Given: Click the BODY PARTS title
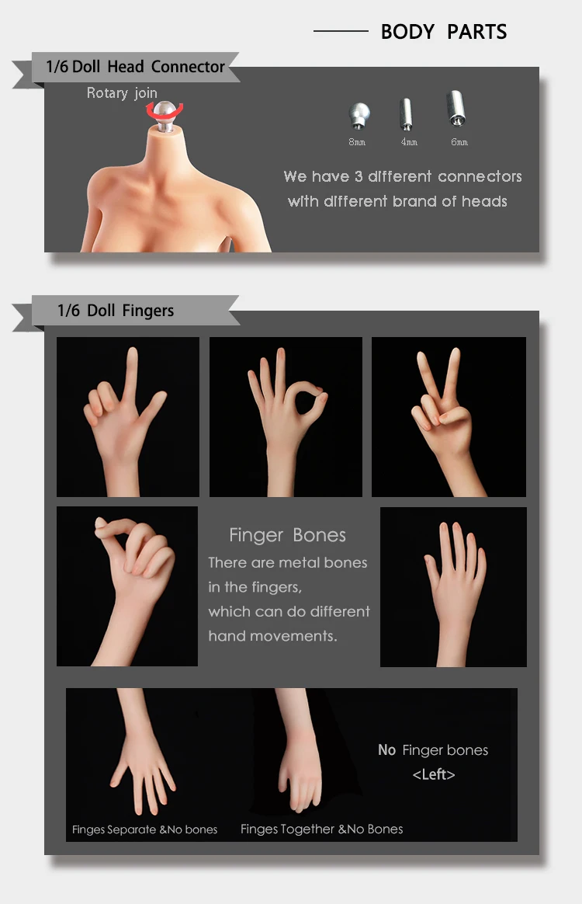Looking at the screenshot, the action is pos(444,32).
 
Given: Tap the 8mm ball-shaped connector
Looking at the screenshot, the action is pos(359,115).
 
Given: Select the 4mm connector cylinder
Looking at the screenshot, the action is pos(407,113).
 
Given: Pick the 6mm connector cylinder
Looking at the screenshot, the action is pos(456,108).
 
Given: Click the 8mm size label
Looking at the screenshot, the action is pos(357,142).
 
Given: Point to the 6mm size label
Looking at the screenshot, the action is pos(459,142).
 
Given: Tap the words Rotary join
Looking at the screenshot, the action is pos(122,93).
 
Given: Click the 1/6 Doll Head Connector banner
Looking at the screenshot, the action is pos(136,67).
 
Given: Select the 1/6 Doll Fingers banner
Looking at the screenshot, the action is pos(116,311).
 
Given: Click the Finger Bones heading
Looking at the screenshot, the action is pos(288,535).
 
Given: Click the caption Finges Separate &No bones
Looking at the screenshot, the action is pos(144,829).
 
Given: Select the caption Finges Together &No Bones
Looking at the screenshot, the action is pos(321,829).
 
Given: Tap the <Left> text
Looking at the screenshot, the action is pos(434,774).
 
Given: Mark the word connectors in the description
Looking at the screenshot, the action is pos(480,176).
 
